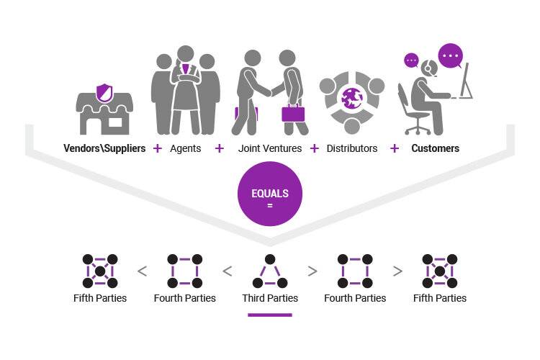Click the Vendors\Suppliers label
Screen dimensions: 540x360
[104, 148]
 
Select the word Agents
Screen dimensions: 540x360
[185, 148]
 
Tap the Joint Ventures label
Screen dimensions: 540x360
[270, 148]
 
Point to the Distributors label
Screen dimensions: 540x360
[351, 148]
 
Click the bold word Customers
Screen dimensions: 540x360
[436, 148]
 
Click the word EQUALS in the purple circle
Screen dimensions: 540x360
[270, 193]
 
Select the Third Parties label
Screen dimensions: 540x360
[270, 298]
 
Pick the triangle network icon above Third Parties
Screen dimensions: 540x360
[270, 271]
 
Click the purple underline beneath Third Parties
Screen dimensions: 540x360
[270, 315]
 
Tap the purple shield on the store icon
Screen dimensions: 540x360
[104, 92]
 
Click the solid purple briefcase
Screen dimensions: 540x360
[293, 113]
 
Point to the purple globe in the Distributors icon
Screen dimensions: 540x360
[351, 98]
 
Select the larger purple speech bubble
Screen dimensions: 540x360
[451, 56]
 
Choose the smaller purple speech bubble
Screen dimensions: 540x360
[411, 60]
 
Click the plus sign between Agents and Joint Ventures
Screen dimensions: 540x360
[220, 148]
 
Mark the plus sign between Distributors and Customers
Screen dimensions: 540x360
[395, 148]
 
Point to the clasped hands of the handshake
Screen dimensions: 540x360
[272, 91]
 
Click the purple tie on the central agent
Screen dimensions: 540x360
[186, 69]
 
